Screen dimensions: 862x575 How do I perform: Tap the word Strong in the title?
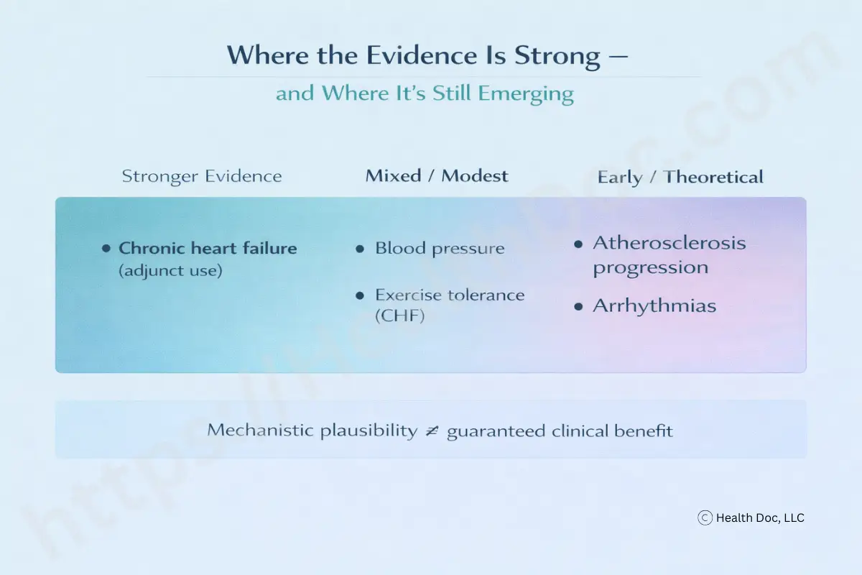[x=557, y=57]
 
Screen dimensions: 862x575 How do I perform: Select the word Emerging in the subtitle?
[x=526, y=94]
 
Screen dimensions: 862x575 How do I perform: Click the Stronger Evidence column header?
[x=202, y=176]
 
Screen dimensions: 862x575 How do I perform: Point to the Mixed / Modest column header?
[x=437, y=176]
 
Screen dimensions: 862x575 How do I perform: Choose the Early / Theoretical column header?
[x=680, y=177]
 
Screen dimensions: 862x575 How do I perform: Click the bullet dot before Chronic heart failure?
[x=106, y=249]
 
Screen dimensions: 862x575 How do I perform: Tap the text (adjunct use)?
[x=170, y=270]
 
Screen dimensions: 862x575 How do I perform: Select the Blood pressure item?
[x=440, y=249]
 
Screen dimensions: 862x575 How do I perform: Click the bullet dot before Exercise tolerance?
[x=360, y=296]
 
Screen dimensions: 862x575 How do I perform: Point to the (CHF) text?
[x=400, y=316]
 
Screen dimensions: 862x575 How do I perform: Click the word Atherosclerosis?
[x=669, y=243]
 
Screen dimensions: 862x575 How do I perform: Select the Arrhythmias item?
[x=654, y=306]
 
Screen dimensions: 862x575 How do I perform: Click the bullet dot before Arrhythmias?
[x=578, y=307]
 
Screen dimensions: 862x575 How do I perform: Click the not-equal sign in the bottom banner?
[x=432, y=431]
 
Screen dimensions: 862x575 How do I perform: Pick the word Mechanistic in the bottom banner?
[x=260, y=430]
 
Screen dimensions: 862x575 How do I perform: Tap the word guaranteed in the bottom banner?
[x=496, y=431]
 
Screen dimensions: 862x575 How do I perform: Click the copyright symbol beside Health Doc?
[x=705, y=518]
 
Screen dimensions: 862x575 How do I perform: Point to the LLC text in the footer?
[x=794, y=518]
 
